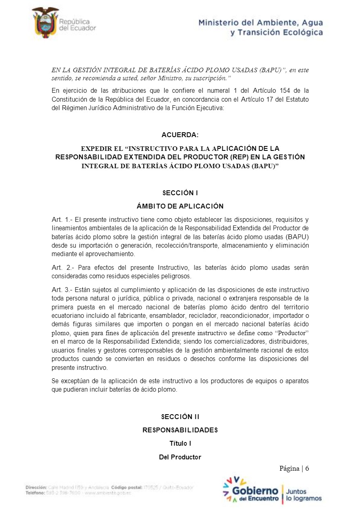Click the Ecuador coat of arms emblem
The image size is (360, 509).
[x=45, y=23]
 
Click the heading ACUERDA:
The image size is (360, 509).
[x=180, y=135]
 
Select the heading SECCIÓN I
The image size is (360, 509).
[x=180, y=193]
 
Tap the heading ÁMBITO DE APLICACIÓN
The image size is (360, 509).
[x=180, y=206]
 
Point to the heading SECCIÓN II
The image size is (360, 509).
[x=180, y=417]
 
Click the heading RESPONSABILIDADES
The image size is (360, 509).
[x=180, y=430]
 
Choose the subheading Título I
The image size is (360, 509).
[x=180, y=443]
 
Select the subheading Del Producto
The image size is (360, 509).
[x=180, y=457]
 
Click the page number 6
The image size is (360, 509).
[x=307, y=468]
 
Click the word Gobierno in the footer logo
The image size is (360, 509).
[x=255, y=491]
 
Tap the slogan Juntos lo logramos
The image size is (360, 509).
[x=303, y=495]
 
